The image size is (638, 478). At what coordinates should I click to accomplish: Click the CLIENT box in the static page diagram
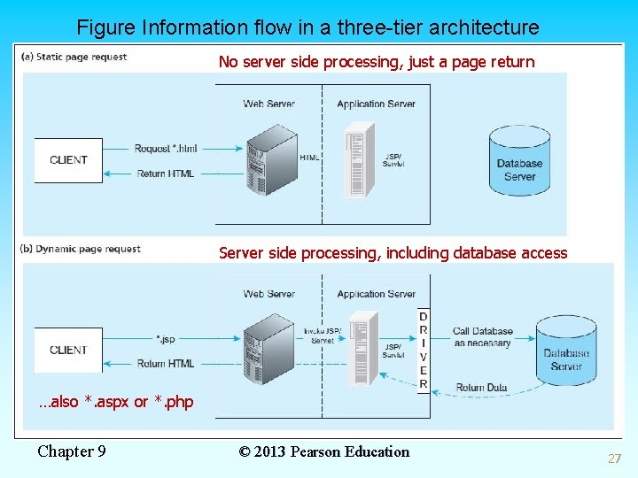[x=68, y=160]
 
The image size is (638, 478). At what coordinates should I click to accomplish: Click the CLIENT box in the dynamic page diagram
[x=68, y=351]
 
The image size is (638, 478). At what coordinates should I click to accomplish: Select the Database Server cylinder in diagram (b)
[x=565, y=353]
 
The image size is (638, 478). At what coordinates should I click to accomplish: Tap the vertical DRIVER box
[x=423, y=351]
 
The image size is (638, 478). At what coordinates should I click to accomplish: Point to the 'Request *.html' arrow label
[x=166, y=149]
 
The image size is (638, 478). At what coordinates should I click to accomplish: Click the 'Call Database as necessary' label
[x=482, y=337]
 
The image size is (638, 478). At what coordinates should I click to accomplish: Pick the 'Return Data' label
[x=481, y=388]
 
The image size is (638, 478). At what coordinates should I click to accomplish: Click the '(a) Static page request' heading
[x=74, y=57]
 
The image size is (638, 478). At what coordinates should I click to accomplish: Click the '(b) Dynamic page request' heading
[x=80, y=249]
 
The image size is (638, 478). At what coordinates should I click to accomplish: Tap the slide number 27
[x=614, y=459]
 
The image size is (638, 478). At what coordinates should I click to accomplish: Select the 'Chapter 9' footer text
[x=72, y=451]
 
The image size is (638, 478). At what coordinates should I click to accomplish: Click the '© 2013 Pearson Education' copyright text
[x=324, y=451]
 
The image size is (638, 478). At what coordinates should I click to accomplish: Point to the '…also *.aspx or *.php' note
[x=115, y=402]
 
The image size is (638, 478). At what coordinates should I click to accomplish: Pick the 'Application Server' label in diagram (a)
[x=376, y=104]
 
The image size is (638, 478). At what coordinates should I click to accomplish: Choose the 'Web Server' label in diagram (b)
[x=268, y=294]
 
